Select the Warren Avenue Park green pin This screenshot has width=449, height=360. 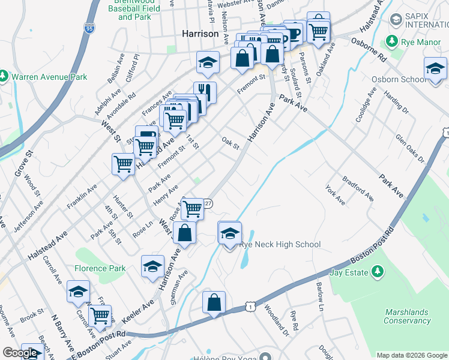4,77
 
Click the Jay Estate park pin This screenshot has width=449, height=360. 377,272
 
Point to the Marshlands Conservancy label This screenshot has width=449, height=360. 407,316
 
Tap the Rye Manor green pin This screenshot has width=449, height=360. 392,41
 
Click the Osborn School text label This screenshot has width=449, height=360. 406,79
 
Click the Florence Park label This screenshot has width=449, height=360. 100,268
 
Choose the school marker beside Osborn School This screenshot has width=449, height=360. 435,68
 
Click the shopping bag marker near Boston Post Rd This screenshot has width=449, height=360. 214,303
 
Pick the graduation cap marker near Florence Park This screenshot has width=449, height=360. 152,266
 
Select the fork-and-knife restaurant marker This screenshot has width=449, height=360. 205,92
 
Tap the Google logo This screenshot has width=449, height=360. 20,353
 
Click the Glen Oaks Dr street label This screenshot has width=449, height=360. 410,148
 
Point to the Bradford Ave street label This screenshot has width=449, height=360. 358,188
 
